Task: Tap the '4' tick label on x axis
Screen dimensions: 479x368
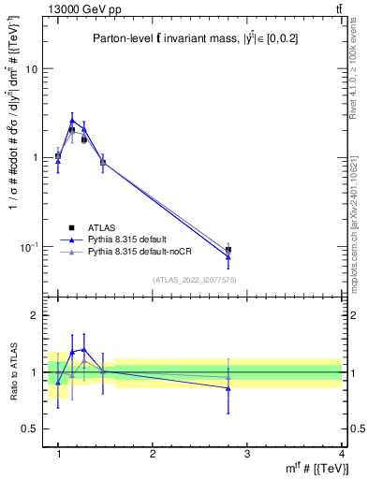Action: pyautogui.click(x=341, y=453)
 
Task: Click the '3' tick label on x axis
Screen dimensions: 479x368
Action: pyautogui.click(x=246, y=453)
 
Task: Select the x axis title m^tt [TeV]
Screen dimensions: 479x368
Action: pyautogui.click(x=315, y=468)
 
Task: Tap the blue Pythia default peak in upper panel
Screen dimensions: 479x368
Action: pyautogui.click(x=72, y=120)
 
